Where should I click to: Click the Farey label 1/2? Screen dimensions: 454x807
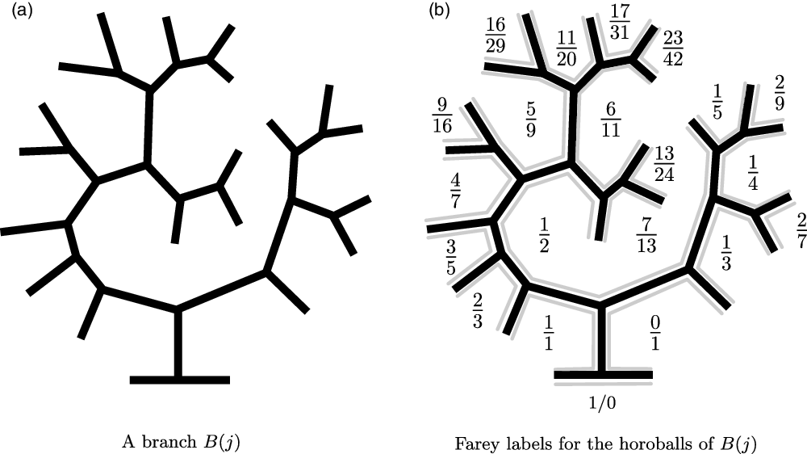[x=545, y=234]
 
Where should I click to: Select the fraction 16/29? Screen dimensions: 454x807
[x=495, y=33]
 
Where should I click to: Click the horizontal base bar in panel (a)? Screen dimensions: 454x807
[x=179, y=380]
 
